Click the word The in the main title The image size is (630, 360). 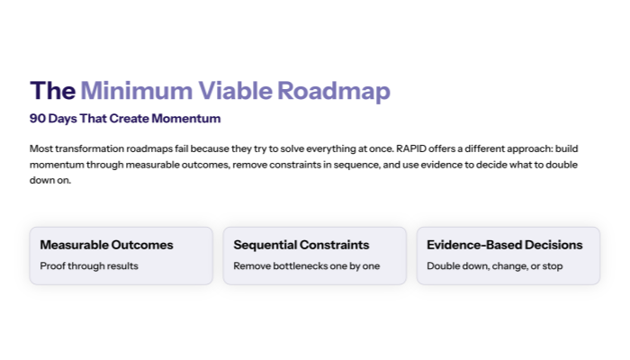(52, 91)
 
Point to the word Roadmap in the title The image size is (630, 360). (334, 91)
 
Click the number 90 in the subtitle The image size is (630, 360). (38, 119)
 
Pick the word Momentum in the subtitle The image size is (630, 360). (187, 119)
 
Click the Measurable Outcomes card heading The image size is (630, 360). (106, 245)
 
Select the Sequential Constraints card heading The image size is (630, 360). (300, 245)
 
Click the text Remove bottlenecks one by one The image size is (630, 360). (306, 265)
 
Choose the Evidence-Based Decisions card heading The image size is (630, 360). (504, 245)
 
